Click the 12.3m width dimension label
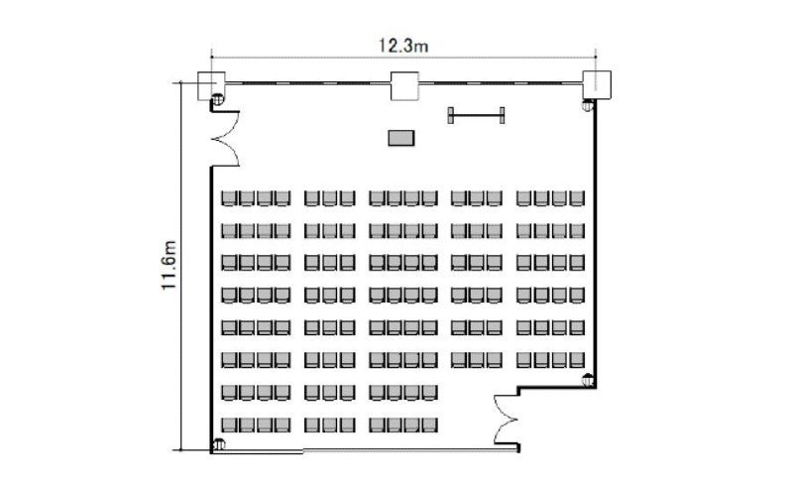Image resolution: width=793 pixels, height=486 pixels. click(x=403, y=46)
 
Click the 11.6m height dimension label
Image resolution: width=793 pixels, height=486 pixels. click(x=169, y=265)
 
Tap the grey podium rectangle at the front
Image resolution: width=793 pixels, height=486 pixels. click(x=401, y=138)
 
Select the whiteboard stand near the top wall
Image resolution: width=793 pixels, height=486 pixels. click(x=476, y=115)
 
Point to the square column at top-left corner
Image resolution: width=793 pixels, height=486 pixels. click(x=210, y=85)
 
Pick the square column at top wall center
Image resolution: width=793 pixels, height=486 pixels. click(x=404, y=85)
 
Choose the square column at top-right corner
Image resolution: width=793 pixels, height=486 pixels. click(x=597, y=84)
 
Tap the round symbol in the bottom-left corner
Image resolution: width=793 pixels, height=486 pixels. click(x=219, y=444)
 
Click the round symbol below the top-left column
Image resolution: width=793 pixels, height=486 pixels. click(x=217, y=99)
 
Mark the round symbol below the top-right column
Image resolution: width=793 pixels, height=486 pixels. click(x=588, y=105)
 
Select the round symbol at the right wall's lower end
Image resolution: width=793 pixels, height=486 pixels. click(x=588, y=379)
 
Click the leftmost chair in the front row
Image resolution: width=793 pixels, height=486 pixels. click(x=229, y=198)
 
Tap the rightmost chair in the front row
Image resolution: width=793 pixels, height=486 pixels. click(x=577, y=198)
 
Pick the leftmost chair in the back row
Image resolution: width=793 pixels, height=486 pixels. click(x=229, y=425)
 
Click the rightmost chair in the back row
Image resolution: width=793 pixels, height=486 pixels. click(x=429, y=425)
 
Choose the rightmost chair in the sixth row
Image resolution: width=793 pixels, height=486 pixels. click(x=577, y=360)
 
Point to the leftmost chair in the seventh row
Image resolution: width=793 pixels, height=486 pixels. click(x=229, y=393)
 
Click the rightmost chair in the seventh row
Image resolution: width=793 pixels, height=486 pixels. click(x=429, y=393)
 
